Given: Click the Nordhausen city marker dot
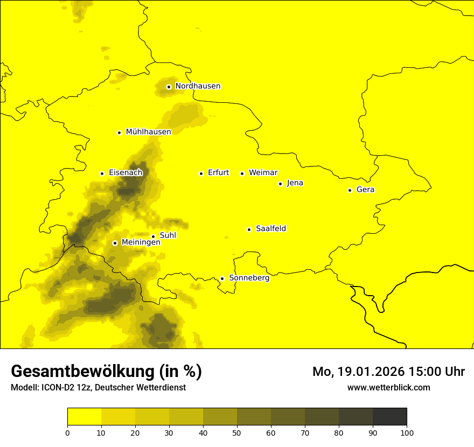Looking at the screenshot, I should point(169,87).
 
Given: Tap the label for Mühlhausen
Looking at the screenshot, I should point(148,132).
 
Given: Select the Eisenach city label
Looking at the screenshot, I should point(126,173).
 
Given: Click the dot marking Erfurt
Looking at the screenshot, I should point(201,173).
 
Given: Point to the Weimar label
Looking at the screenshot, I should point(263,173).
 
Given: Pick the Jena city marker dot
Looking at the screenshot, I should point(280,184).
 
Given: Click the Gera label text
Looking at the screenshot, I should point(365,190).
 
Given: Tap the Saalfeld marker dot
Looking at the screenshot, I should point(249,229).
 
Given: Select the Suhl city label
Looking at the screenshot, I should point(168,235).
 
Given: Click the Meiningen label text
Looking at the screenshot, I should point(141,242).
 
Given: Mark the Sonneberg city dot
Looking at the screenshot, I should point(222,278).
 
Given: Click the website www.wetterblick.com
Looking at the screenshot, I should point(388,387).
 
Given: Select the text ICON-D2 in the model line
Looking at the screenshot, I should point(58,388).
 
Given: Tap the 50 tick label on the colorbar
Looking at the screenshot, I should point(237,432).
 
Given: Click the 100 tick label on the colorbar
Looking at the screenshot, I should point(407,432).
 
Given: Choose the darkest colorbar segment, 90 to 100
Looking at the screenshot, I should point(389,417).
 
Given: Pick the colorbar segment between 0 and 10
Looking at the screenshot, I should point(84,417).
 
